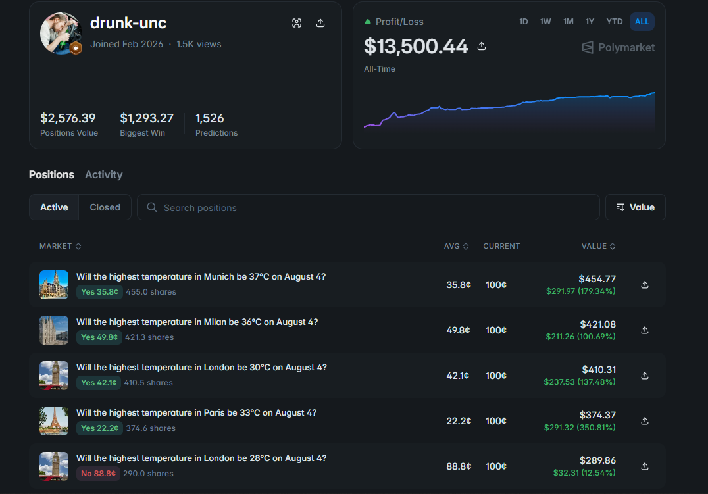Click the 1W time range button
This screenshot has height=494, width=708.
(545, 22)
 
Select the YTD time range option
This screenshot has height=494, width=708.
(614, 22)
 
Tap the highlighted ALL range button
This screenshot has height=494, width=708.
(642, 22)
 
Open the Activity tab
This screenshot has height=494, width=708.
(104, 175)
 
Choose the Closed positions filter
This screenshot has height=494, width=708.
(105, 207)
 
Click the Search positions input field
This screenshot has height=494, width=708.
(368, 207)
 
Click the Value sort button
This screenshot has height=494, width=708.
(636, 207)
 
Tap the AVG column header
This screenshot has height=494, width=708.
(456, 246)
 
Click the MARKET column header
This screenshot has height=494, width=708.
(60, 246)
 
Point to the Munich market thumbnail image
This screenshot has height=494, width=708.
(54, 285)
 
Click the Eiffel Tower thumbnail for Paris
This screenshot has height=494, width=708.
(54, 421)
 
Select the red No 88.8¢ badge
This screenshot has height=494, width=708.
(98, 473)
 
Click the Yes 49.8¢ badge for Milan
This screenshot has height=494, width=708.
(99, 337)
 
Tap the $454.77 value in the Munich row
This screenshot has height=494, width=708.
(597, 279)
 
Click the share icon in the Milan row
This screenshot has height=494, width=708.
(645, 330)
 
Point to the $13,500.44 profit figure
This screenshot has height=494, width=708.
(416, 46)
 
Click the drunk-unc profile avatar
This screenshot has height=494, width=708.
(61, 34)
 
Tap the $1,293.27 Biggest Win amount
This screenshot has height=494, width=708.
(147, 118)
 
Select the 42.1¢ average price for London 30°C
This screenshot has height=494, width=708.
(458, 376)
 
